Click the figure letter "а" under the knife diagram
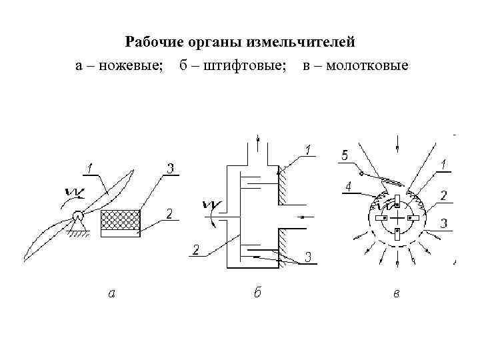click(x=113, y=291)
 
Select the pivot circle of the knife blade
click(x=79, y=215)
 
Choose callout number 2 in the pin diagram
click(x=196, y=249)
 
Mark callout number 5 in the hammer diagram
click(x=344, y=155)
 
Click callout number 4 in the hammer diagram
click(x=348, y=187)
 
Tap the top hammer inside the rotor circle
click(x=396, y=201)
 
